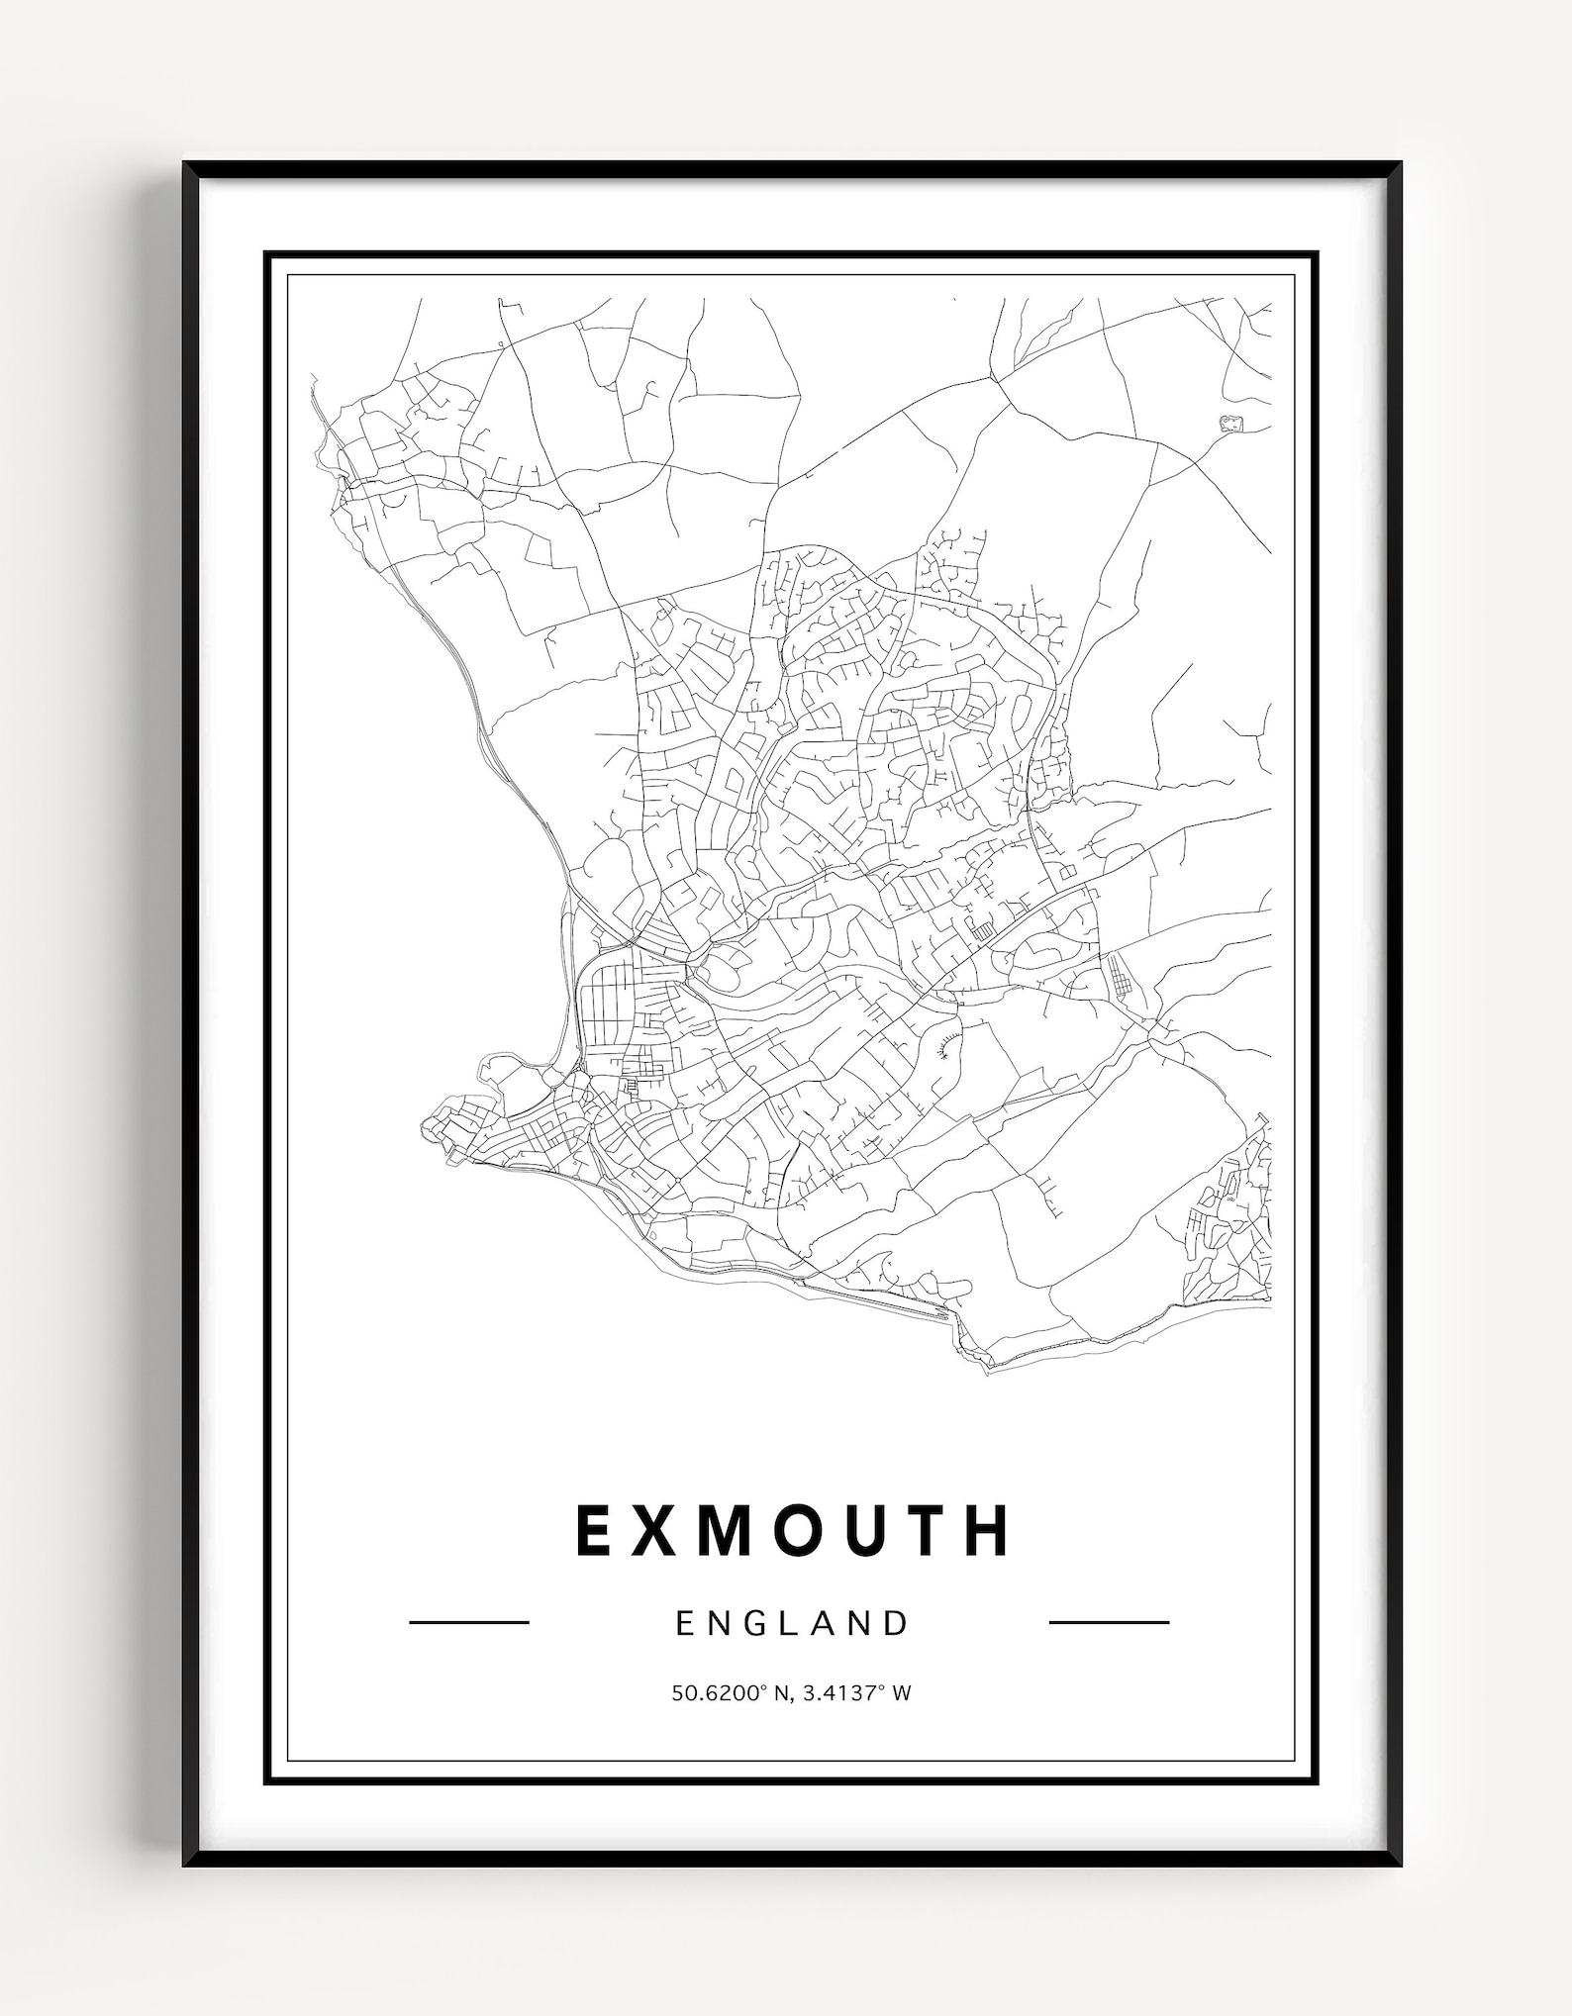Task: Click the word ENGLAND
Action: pyautogui.click(x=792, y=1623)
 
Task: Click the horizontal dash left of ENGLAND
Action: pyautogui.click(x=469, y=1622)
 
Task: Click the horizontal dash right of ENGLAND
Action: pyautogui.click(x=1109, y=1622)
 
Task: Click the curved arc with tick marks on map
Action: pyautogui.click(x=947, y=1043)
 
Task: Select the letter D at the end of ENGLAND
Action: pyautogui.click(x=897, y=1623)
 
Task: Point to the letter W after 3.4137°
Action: pyautogui.click(x=901, y=1693)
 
